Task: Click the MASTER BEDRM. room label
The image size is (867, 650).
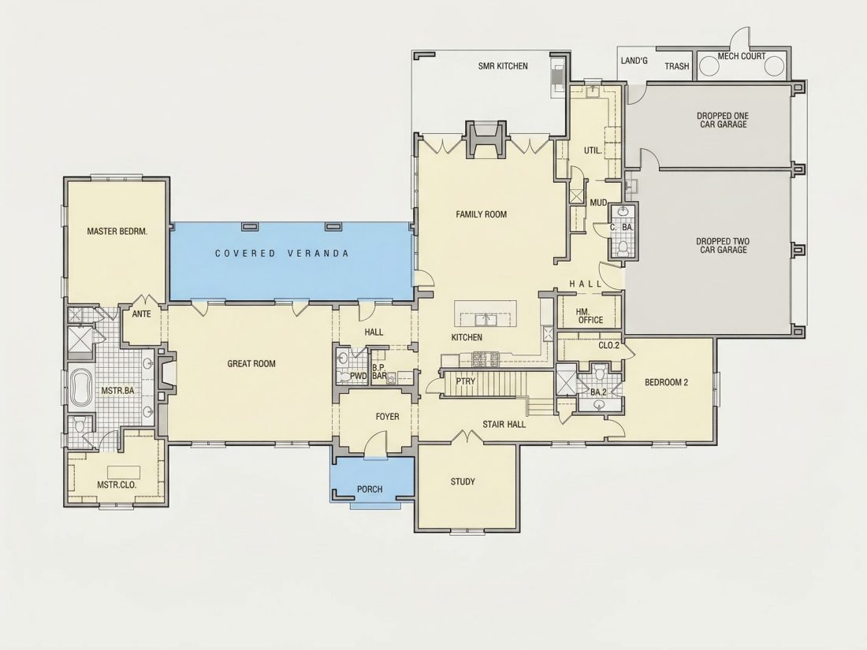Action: (117, 231)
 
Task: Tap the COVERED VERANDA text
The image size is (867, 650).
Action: (282, 253)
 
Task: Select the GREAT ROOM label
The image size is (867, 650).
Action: (251, 364)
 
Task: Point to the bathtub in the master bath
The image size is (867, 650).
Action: (82, 388)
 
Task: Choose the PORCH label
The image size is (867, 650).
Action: (370, 489)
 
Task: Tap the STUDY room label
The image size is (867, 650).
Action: (463, 481)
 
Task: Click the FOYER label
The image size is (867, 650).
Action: (387, 417)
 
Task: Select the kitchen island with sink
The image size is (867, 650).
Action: (486, 314)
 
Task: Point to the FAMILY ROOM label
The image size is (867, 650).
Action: (481, 214)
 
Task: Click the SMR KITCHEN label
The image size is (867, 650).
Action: (503, 65)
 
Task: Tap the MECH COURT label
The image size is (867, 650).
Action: (742, 56)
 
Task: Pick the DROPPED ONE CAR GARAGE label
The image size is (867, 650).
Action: (723, 120)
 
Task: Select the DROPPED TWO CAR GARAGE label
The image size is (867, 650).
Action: (723, 245)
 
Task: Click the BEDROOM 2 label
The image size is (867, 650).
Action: (666, 382)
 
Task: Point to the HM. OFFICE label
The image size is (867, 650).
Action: (590, 316)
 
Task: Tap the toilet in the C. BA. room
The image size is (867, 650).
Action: (623, 248)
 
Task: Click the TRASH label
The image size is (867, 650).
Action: (677, 66)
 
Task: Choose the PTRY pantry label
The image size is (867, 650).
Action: (466, 381)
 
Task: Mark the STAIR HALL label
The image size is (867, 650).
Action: (504, 424)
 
